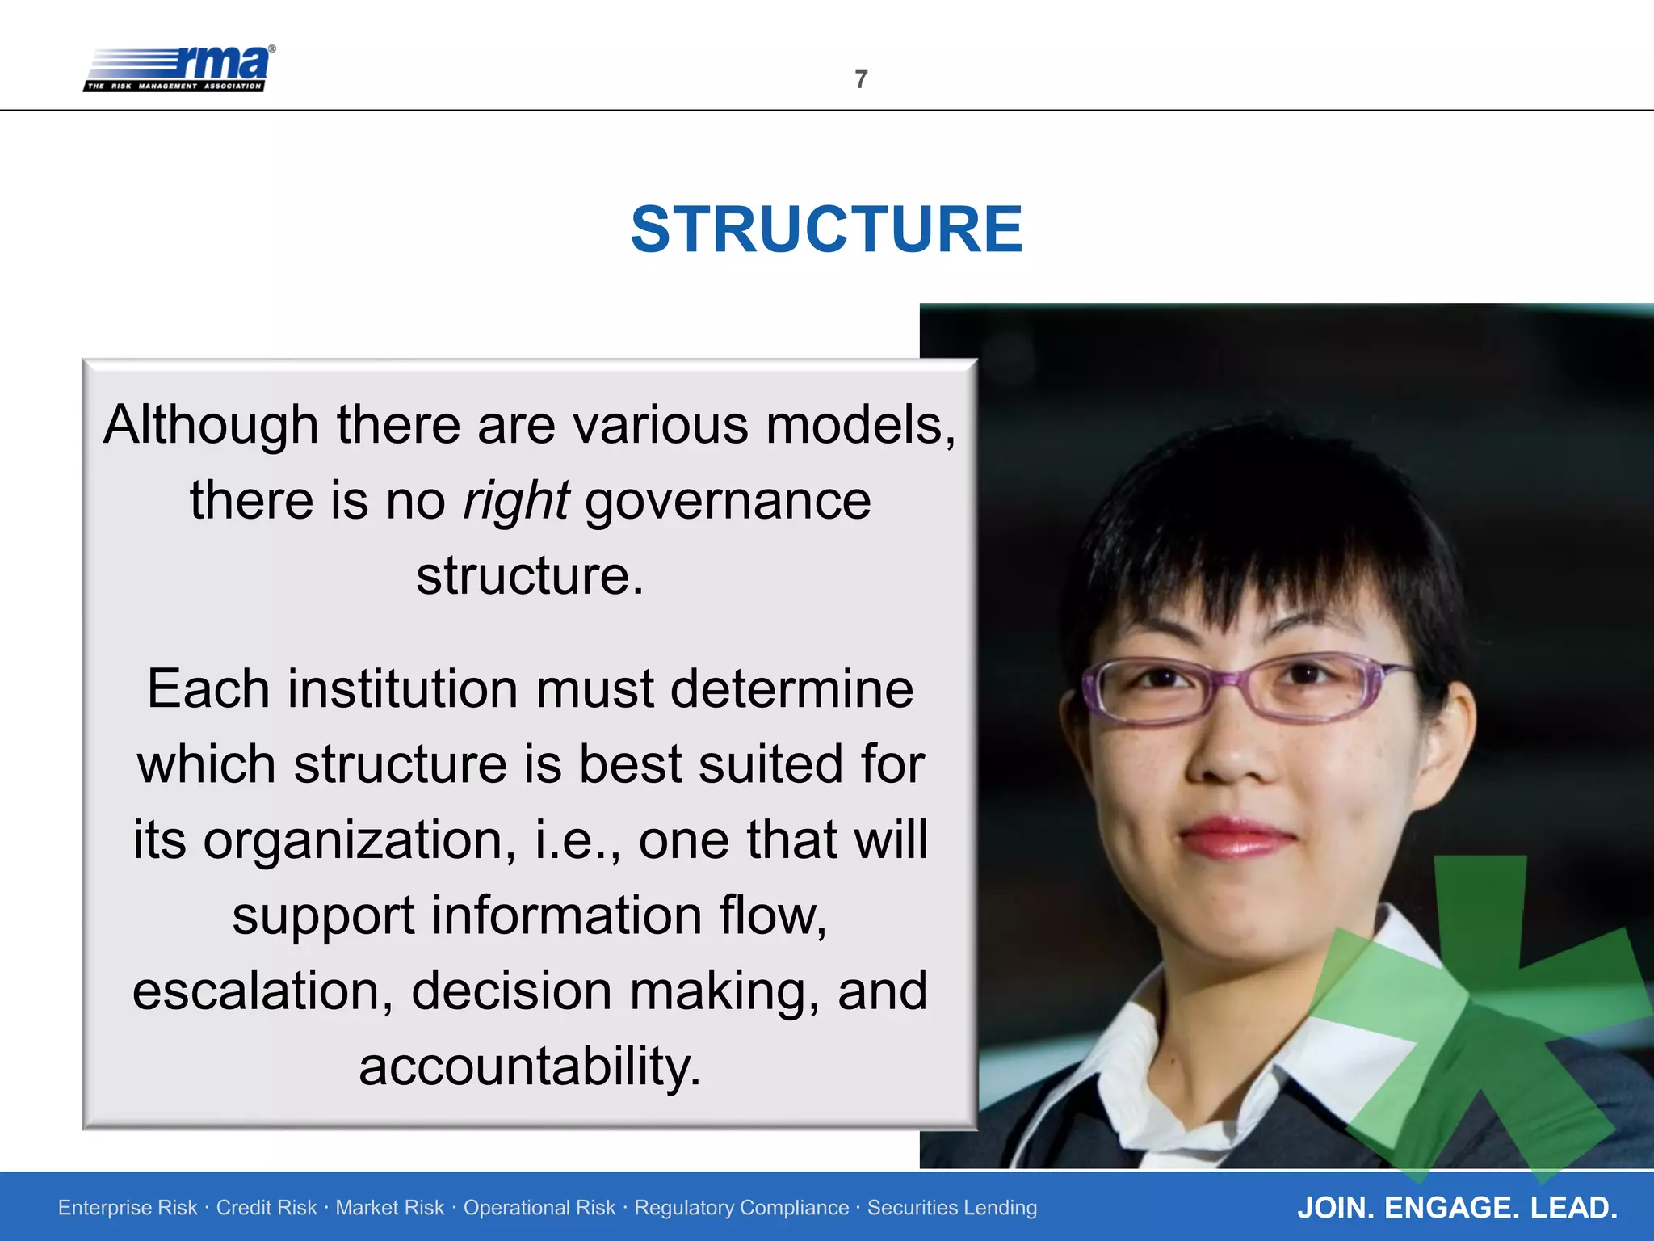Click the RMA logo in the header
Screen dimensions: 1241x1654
click(x=179, y=69)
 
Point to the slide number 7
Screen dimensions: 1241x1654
click(x=861, y=79)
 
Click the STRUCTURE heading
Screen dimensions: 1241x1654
click(x=826, y=229)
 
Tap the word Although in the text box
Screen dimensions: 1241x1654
click(x=211, y=426)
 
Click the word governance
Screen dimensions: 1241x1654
click(x=728, y=501)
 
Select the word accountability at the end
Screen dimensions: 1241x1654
click(x=529, y=1066)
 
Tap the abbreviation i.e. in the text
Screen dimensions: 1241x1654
click(x=576, y=840)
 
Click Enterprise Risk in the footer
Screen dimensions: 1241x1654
click(x=128, y=1208)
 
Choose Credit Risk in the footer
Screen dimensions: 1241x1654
click(x=267, y=1208)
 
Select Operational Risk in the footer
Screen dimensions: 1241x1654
click(x=539, y=1208)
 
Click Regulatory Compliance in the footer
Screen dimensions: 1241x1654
click(x=741, y=1208)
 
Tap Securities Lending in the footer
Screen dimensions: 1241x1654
click(x=952, y=1208)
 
